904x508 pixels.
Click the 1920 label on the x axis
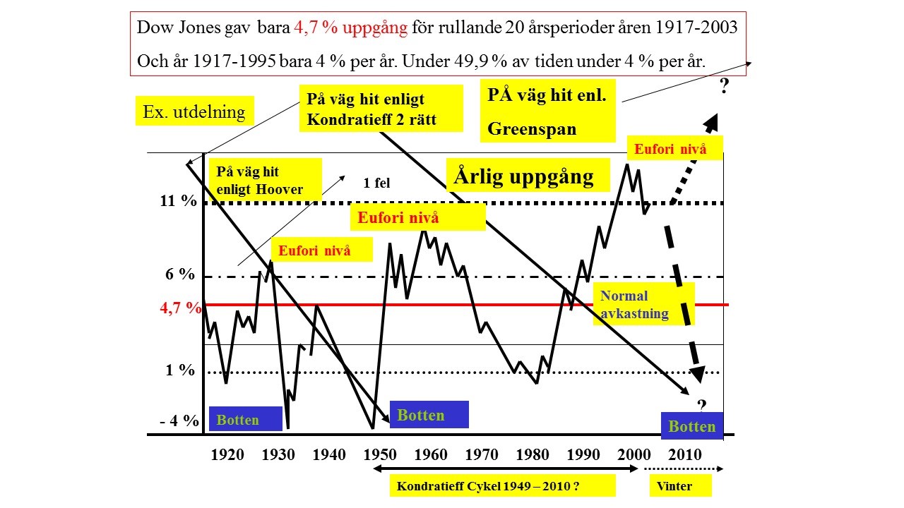click(x=227, y=454)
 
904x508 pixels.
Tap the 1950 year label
click(x=380, y=454)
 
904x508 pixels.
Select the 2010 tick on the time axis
click(x=684, y=454)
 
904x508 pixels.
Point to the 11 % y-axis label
click(x=178, y=200)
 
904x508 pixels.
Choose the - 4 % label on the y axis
click(x=179, y=421)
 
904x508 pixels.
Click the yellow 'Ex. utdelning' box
click(x=194, y=111)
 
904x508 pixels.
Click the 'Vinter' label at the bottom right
click(x=674, y=485)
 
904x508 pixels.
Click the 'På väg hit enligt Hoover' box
click(x=265, y=180)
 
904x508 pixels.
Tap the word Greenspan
click(x=532, y=129)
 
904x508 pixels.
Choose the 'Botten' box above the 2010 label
click(x=692, y=426)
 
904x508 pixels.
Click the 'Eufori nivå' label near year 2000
click(x=670, y=149)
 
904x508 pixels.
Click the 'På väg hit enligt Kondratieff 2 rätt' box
click(x=381, y=109)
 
